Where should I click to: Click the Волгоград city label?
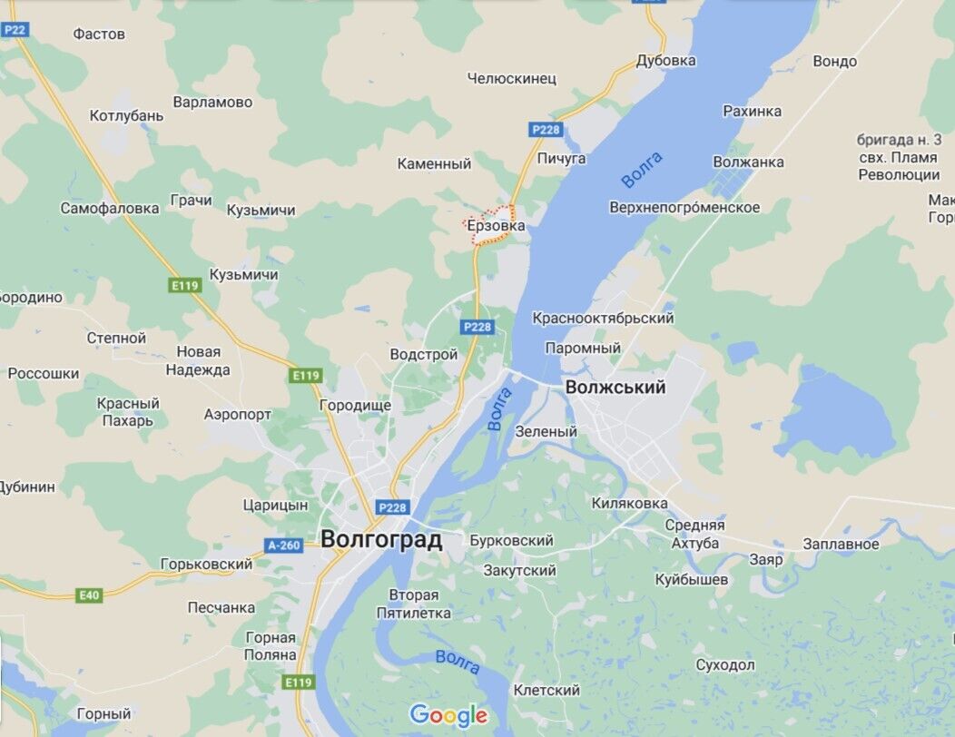(x=381, y=540)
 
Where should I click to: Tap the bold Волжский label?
(x=615, y=388)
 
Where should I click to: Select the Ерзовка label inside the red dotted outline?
(x=495, y=226)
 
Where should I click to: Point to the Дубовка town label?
(x=665, y=61)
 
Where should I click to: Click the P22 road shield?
(x=15, y=30)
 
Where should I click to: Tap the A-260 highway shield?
(x=282, y=545)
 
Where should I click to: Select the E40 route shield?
(x=88, y=595)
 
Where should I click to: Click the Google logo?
(x=448, y=715)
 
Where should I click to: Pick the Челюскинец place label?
(x=511, y=78)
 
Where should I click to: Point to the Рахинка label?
(x=752, y=111)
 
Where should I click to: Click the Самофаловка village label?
(x=110, y=208)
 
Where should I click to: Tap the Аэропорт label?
(x=238, y=414)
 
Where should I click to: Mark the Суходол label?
(x=725, y=665)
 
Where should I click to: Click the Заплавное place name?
(x=841, y=544)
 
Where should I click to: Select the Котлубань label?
(x=126, y=115)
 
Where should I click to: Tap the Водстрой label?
(x=423, y=354)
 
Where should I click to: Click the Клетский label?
(x=546, y=690)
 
